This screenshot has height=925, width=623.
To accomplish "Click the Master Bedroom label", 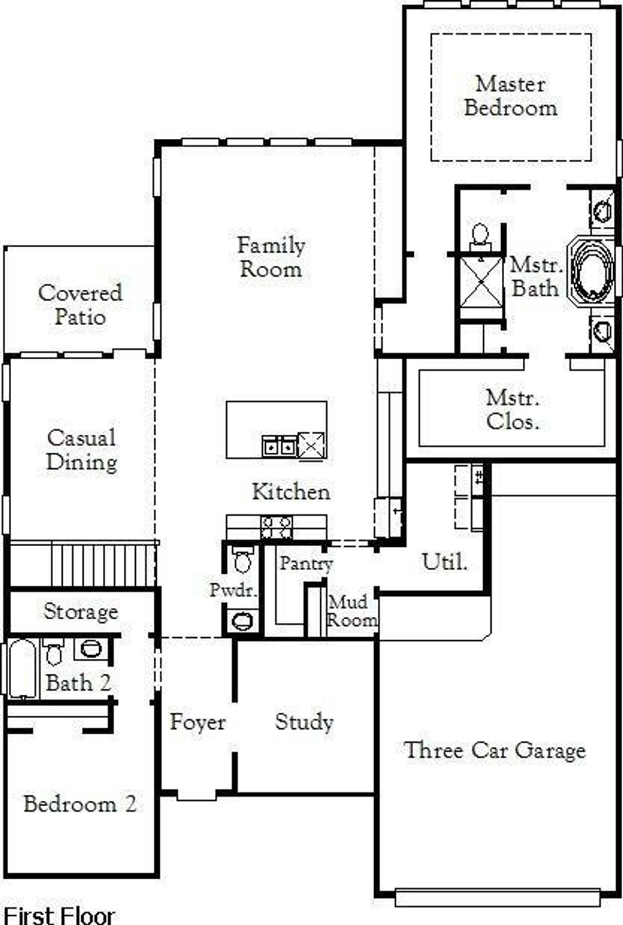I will (x=511, y=96).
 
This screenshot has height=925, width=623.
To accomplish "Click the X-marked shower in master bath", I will (x=481, y=282).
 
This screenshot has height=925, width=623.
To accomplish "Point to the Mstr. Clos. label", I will (x=513, y=410).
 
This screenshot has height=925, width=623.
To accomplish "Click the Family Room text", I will (x=271, y=257).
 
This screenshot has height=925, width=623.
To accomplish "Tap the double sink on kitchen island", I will (x=279, y=445).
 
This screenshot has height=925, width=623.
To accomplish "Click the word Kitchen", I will (x=291, y=492).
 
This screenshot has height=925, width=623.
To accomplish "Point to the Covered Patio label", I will (x=80, y=305).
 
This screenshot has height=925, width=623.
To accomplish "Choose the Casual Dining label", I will (x=82, y=450).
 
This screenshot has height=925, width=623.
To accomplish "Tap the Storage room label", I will (x=81, y=611).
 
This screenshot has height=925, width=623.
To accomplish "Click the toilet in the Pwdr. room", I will (x=242, y=560).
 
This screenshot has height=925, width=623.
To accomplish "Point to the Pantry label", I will (x=306, y=564).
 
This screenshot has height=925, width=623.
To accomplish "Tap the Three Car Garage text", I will (x=495, y=750).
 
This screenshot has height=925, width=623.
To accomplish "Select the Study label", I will (x=304, y=722).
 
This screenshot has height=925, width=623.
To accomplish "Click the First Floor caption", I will (x=59, y=915).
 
